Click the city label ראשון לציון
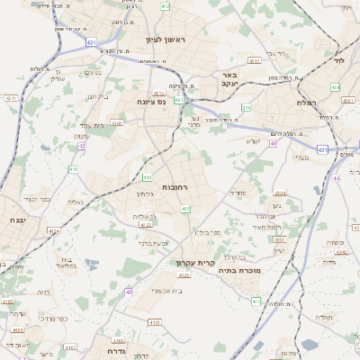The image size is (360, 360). tap(163, 40)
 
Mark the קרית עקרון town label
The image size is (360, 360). tap(194, 263)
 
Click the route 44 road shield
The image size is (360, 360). tap(337, 178)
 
